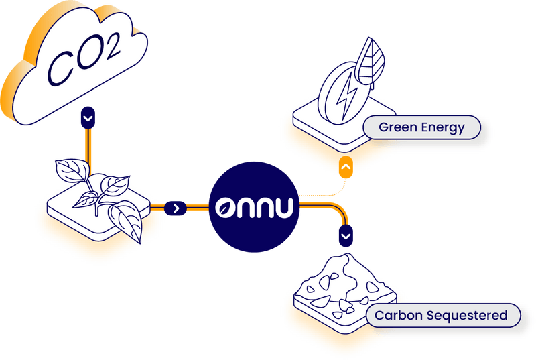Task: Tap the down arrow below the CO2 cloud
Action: (x=88, y=118)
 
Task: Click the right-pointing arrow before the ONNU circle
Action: (x=176, y=208)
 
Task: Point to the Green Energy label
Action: (x=421, y=127)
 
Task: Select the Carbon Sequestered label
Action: (x=441, y=314)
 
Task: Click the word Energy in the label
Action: (x=442, y=127)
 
